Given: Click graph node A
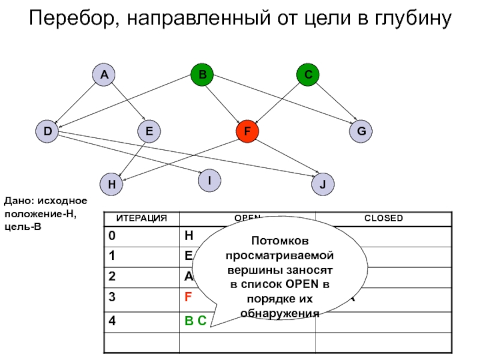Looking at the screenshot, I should (104, 75).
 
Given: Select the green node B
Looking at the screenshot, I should (202, 75).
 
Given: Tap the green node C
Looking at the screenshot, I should (308, 75).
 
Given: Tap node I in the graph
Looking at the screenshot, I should (209, 180).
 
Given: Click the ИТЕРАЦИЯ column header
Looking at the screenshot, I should (141, 218).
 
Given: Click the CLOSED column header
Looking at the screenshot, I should (383, 218).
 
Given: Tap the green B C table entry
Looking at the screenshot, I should (195, 322).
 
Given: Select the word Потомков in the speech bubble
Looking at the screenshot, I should (280, 241).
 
